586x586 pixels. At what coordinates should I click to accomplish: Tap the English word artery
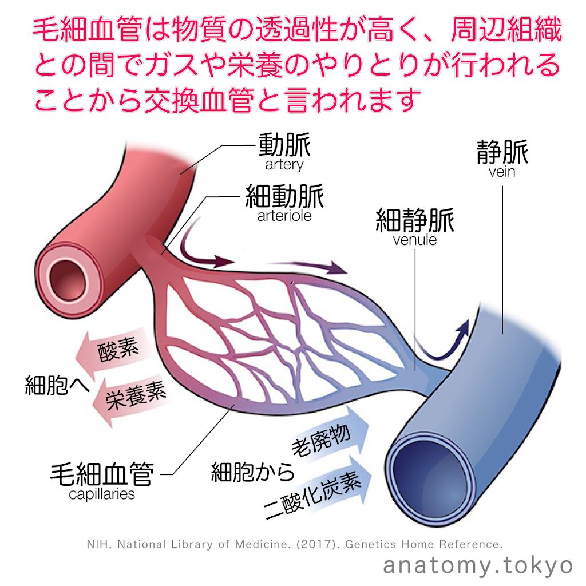pos(284,165)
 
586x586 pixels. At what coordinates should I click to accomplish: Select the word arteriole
pos(284,216)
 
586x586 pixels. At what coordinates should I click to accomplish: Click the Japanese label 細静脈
pos(415,221)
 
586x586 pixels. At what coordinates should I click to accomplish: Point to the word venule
pos(415,240)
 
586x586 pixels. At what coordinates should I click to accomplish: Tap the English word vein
pos(502,172)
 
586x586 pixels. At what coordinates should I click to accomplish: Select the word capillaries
pos(102,494)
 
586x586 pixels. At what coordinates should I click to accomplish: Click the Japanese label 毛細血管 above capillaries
pos(102,474)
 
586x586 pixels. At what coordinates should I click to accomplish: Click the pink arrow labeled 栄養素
pos(129,398)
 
